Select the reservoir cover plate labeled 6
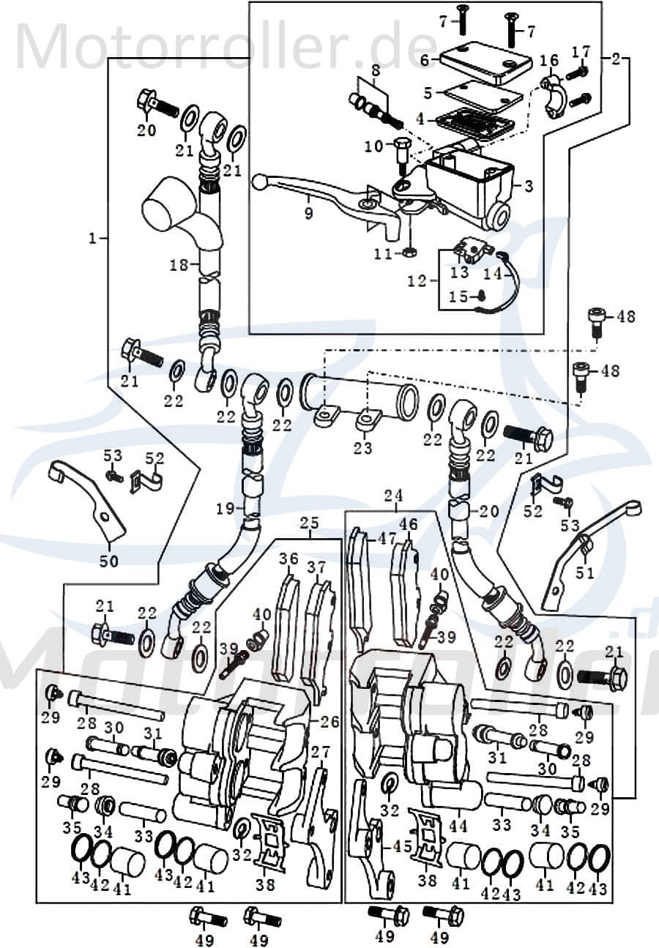pos(485,61)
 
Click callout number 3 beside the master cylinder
pos(529,186)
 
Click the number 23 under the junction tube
pos(362,448)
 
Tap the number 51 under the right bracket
pos(584,572)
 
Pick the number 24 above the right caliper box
pos(393,496)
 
